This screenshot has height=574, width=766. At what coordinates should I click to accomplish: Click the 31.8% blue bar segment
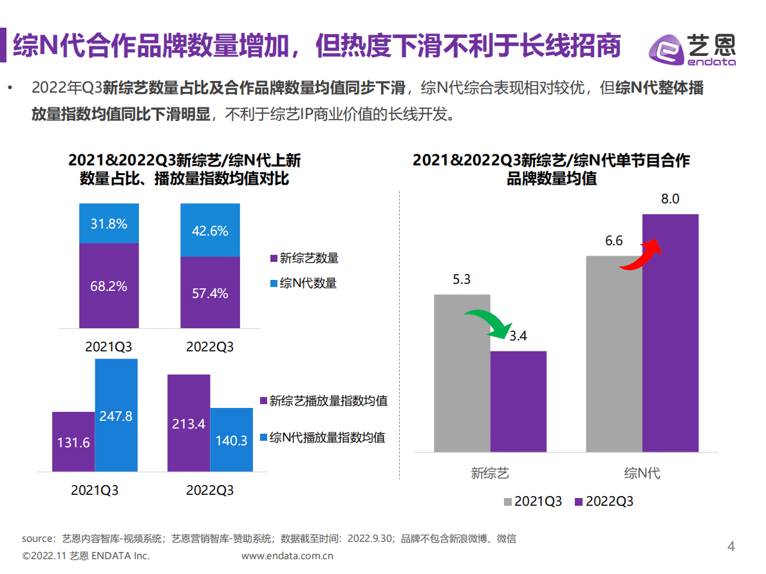pos(109,223)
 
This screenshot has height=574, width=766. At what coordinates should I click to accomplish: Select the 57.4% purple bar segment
pos(210,293)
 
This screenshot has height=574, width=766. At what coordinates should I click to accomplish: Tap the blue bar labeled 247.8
pos(117,415)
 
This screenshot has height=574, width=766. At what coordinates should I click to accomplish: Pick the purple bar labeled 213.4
pos(189,423)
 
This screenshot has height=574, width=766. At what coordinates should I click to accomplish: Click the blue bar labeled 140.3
pos(232,440)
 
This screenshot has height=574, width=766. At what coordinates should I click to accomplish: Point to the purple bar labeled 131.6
pos(73,442)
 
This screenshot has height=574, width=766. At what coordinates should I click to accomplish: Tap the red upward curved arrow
pos(641,254)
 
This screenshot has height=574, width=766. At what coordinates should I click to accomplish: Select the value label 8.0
pos(670,199)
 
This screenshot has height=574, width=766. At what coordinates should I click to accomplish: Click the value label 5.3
pos(462,279)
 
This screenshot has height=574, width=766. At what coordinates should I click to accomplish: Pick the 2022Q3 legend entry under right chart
pos(603,501)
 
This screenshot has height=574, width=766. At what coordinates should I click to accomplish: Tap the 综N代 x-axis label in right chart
pos(642,474)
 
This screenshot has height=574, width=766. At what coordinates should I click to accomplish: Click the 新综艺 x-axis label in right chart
pos(490,474)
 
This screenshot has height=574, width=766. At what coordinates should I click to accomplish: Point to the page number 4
pos(731,547)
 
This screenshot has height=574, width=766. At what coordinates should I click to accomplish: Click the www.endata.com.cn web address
pos(287,555)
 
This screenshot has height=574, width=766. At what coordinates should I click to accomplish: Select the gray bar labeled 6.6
pos(613,354)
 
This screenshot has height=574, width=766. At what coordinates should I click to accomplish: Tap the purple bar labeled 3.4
pos(518,401)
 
